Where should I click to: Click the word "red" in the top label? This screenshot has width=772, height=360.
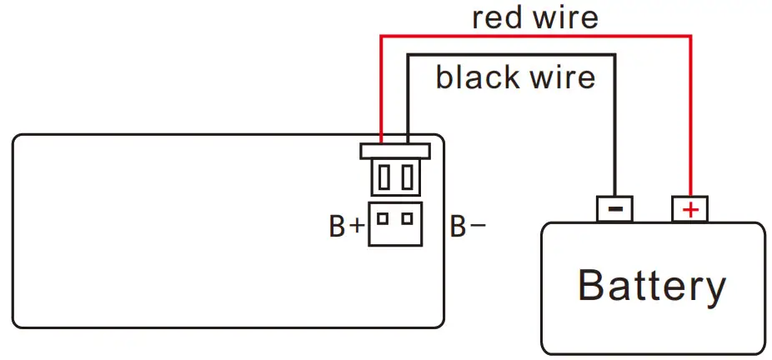pyautogui.click(x=499, y=17)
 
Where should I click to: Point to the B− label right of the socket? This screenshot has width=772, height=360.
pyautogui.click(x=468, y=226)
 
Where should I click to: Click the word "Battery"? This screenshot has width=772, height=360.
pyautogui.click(x=652, y=285)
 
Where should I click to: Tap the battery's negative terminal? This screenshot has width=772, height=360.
pyautogui.click(x=614, y=209)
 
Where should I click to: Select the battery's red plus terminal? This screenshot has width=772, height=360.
pyautogui.click(x=690, y=209)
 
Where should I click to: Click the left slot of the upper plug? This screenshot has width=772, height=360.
pyautogui.click(x=383, y=177)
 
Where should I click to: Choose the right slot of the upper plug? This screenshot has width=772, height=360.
pyautogui.click(x=406, y=177)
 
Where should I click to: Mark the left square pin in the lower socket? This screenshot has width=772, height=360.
pyautogui.click(x=383, y=219)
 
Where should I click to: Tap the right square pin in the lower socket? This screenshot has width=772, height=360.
pyautogui.click(x=407, y=219)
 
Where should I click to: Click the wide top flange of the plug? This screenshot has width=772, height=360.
pyautogui.click(x=394, y=151)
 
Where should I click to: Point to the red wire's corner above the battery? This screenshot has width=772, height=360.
pyautogui.click(x=691, y=36)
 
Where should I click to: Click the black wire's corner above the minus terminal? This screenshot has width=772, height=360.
pyautogui.click(x=615, y=55)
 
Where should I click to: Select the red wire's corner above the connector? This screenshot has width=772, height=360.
pyautogui.click(x=381, y=36)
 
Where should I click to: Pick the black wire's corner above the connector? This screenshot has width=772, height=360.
pyautogui.click(x=408, y=55)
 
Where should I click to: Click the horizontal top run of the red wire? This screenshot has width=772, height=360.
pyautogui.click(x=534, y=36)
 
